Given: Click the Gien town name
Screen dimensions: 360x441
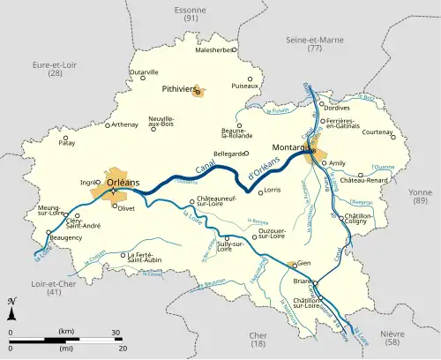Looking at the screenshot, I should pos(305,262).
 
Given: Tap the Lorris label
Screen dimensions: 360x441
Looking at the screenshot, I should pos(272,190).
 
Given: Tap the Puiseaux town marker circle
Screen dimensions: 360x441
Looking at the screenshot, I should pos(250,79).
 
